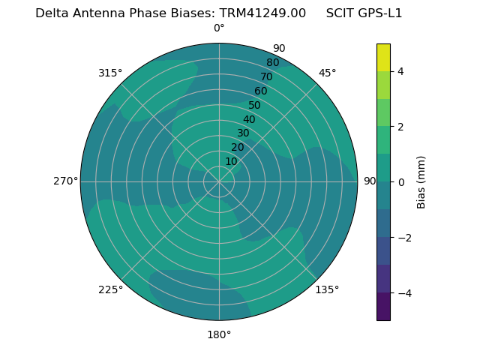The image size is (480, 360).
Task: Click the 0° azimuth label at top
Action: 219,28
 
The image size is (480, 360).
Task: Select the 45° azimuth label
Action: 328,73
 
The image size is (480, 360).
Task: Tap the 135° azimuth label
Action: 327,289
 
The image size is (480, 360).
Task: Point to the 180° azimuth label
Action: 219,334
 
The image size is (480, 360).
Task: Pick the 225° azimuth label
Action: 110,289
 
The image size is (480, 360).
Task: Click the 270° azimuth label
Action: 65,181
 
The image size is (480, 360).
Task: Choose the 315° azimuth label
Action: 110,73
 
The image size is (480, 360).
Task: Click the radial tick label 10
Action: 231,161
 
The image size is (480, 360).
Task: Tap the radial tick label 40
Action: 249,119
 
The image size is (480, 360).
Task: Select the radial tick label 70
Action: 267,76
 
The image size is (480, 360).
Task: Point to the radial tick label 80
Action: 273,63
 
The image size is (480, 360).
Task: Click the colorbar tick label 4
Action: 401,71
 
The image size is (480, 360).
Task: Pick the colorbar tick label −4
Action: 403,292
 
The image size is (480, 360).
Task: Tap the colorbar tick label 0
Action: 401,182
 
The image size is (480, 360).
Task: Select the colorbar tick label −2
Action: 403,238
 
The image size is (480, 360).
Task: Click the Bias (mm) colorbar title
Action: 421,182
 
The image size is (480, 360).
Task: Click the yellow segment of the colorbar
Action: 383,57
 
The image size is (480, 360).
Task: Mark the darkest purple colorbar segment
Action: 383,307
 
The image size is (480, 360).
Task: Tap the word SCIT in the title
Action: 340,13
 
